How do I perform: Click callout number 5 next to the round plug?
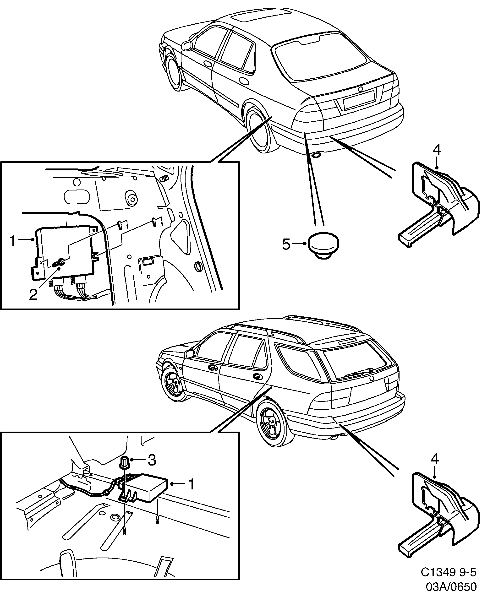[286, 244]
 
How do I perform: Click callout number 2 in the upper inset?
[33, 294]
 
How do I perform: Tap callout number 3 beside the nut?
[152, 460]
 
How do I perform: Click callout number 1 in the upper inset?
[13, 241]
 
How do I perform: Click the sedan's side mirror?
[187, 45]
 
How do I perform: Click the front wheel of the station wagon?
[174, 384]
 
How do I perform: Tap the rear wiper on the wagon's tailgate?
[358, 373]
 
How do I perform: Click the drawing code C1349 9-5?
[448, 572]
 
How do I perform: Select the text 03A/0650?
[451, 584]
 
